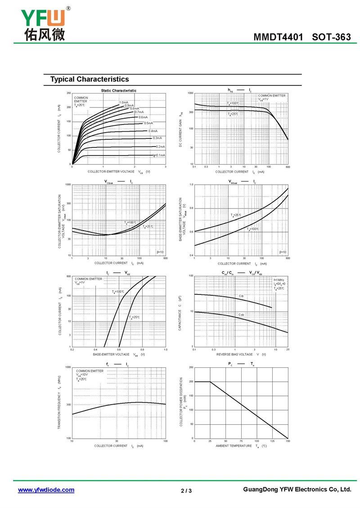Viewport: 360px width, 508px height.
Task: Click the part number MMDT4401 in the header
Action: [279, 37]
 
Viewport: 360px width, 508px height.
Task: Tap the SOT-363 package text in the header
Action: [331, 37]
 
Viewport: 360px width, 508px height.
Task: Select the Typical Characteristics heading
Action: [90, 80]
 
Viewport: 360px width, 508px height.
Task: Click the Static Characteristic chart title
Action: [119, 90]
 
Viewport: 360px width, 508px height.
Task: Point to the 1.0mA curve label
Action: [124, 102]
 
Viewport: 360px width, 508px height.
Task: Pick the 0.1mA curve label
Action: [160, 155]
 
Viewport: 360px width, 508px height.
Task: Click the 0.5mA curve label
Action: [148, 123]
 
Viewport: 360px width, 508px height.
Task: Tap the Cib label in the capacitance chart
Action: [241, 296]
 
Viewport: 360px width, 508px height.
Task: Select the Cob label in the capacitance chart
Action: [241, 315]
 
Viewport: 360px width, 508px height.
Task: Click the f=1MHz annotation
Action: [279, 280]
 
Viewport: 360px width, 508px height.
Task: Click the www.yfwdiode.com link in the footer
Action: [46, 490]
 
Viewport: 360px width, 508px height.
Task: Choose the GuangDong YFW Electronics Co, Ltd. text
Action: [297, 490]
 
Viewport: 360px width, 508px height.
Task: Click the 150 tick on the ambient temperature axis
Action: [288, 441]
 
